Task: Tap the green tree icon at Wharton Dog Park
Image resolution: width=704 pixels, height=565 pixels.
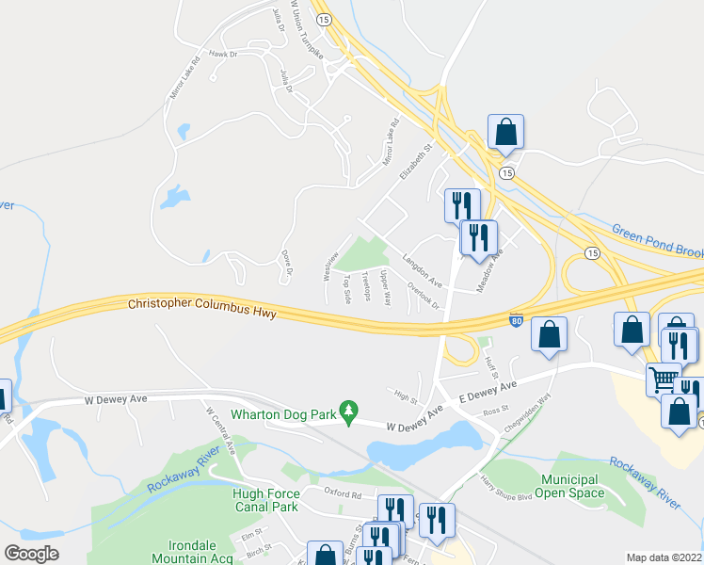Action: coord(349,412)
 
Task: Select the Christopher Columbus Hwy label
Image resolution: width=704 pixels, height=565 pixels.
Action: coord(202,307)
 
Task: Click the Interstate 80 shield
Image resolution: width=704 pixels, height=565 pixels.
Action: coord(516,321)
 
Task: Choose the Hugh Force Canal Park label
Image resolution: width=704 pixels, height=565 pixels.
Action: coord(266,500)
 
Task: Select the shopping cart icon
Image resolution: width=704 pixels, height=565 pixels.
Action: coord(664,379)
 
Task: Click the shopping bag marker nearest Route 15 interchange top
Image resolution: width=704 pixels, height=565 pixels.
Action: coord(505,133)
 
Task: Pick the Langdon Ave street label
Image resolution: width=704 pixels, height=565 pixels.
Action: coord(422,269)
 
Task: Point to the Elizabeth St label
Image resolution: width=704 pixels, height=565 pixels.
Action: coord(414,161)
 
